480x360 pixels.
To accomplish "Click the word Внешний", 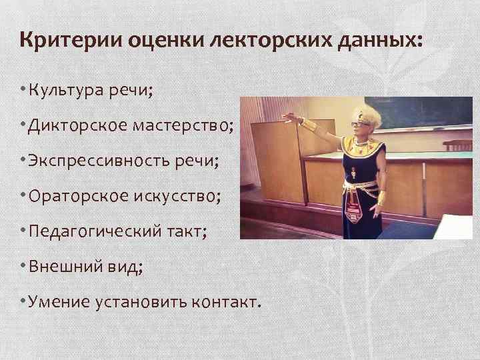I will click(65, 267).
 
